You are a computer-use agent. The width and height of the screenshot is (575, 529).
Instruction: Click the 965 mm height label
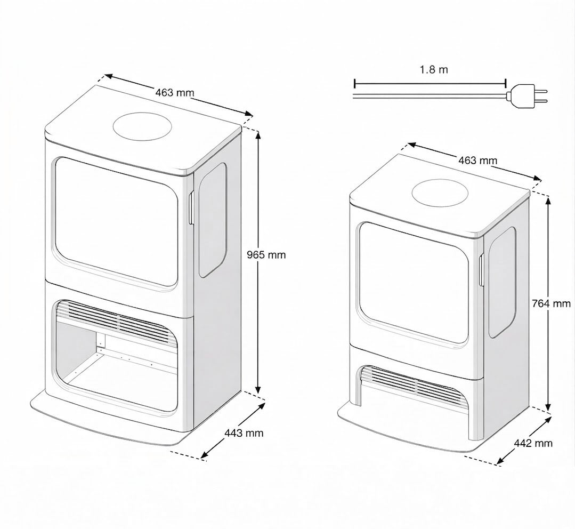[x=266, y=255]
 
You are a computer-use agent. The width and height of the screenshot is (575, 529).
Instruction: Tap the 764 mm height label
[x=551, y=304]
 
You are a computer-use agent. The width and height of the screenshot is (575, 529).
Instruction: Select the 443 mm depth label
[x=244, y=433]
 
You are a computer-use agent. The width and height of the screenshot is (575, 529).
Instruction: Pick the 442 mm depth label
[x=533, y=443]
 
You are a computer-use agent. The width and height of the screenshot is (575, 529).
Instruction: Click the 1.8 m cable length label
[x=434, y=70]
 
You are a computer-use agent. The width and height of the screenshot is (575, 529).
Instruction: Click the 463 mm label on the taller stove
[x=175, y=92]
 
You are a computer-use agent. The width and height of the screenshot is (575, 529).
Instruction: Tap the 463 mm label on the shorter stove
[x=477, y=160]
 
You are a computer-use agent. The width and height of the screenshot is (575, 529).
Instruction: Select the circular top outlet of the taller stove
[x=142, y=128]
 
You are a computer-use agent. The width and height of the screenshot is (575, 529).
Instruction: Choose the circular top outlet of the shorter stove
[x=440, y=193]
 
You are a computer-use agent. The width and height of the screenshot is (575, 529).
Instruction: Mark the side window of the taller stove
[x=212, y=220]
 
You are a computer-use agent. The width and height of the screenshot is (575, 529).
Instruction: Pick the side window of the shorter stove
[x=502, y=283]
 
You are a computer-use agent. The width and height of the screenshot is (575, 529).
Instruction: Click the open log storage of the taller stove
[x=117, y=368]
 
